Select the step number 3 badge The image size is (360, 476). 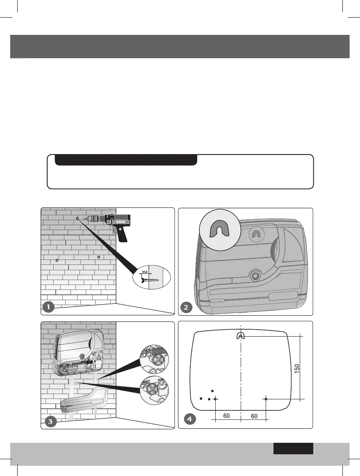[x=49, y=421]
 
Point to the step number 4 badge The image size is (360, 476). [x=188, y=419]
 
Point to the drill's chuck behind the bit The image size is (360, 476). [x=95, y=219]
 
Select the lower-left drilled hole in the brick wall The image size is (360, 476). [x=57, y=261]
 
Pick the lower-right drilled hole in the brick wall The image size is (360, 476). [x=99, y=257]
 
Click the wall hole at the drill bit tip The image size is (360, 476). [x=77, y=219]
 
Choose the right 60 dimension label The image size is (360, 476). [x=254, y=416]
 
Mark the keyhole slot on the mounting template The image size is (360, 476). [x=240, y=335]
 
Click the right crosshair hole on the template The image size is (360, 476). [x=266, y=399]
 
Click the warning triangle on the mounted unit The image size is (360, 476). [x=99, y=357]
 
